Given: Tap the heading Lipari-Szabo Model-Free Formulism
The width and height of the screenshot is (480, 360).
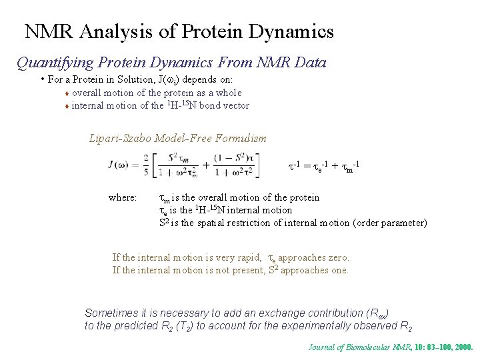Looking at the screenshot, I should (x=177, y=139).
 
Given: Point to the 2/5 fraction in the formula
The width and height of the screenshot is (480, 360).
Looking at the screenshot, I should (x=147, y=165).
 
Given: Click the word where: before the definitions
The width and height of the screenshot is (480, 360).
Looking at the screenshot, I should (x=123, y=198).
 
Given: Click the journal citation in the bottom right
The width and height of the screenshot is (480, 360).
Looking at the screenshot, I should (x=390, y=347).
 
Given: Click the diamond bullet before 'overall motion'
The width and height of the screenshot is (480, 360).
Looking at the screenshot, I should (x=67, y=93).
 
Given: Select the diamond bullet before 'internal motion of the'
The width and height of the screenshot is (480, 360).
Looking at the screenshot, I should (x=67, y=106).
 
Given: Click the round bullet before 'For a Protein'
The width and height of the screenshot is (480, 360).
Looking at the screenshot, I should (x=42, y=79).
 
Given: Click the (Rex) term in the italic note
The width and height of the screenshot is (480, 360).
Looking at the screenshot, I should (x=378, y=313).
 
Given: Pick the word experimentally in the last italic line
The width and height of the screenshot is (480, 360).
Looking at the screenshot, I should (x=318, y=326).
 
